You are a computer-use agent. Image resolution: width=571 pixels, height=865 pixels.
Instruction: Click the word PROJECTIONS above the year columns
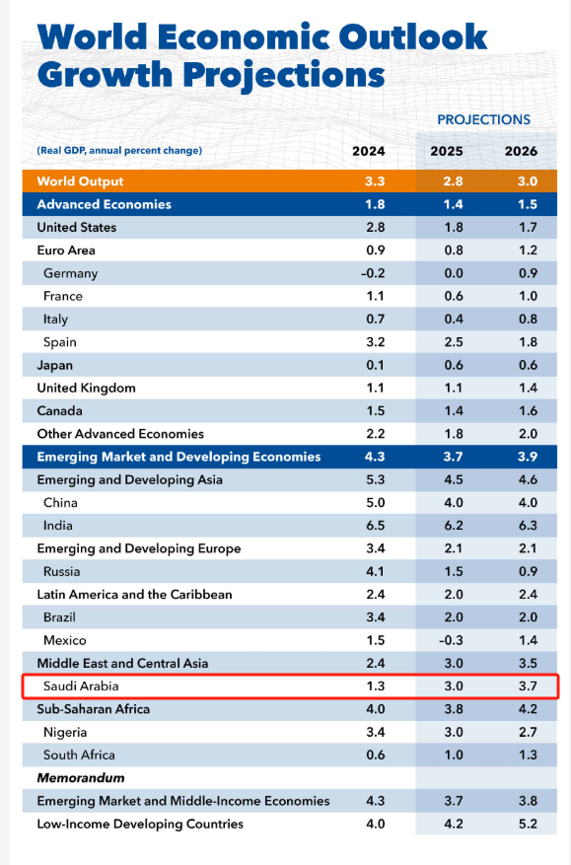483,119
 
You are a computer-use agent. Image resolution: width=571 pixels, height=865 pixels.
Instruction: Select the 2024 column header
369,151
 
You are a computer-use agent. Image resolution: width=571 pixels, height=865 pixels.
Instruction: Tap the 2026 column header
521,151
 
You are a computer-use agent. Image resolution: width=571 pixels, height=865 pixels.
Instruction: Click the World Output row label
80,181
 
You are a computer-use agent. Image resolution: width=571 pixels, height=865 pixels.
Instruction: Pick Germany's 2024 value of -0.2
369,273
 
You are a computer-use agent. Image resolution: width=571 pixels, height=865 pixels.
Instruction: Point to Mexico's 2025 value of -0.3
447,640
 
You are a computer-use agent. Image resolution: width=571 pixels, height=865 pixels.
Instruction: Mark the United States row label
77,227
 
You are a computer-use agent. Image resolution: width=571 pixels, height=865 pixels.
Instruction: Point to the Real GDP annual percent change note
119,151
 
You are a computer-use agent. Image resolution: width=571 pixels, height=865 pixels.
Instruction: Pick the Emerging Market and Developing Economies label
178,457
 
